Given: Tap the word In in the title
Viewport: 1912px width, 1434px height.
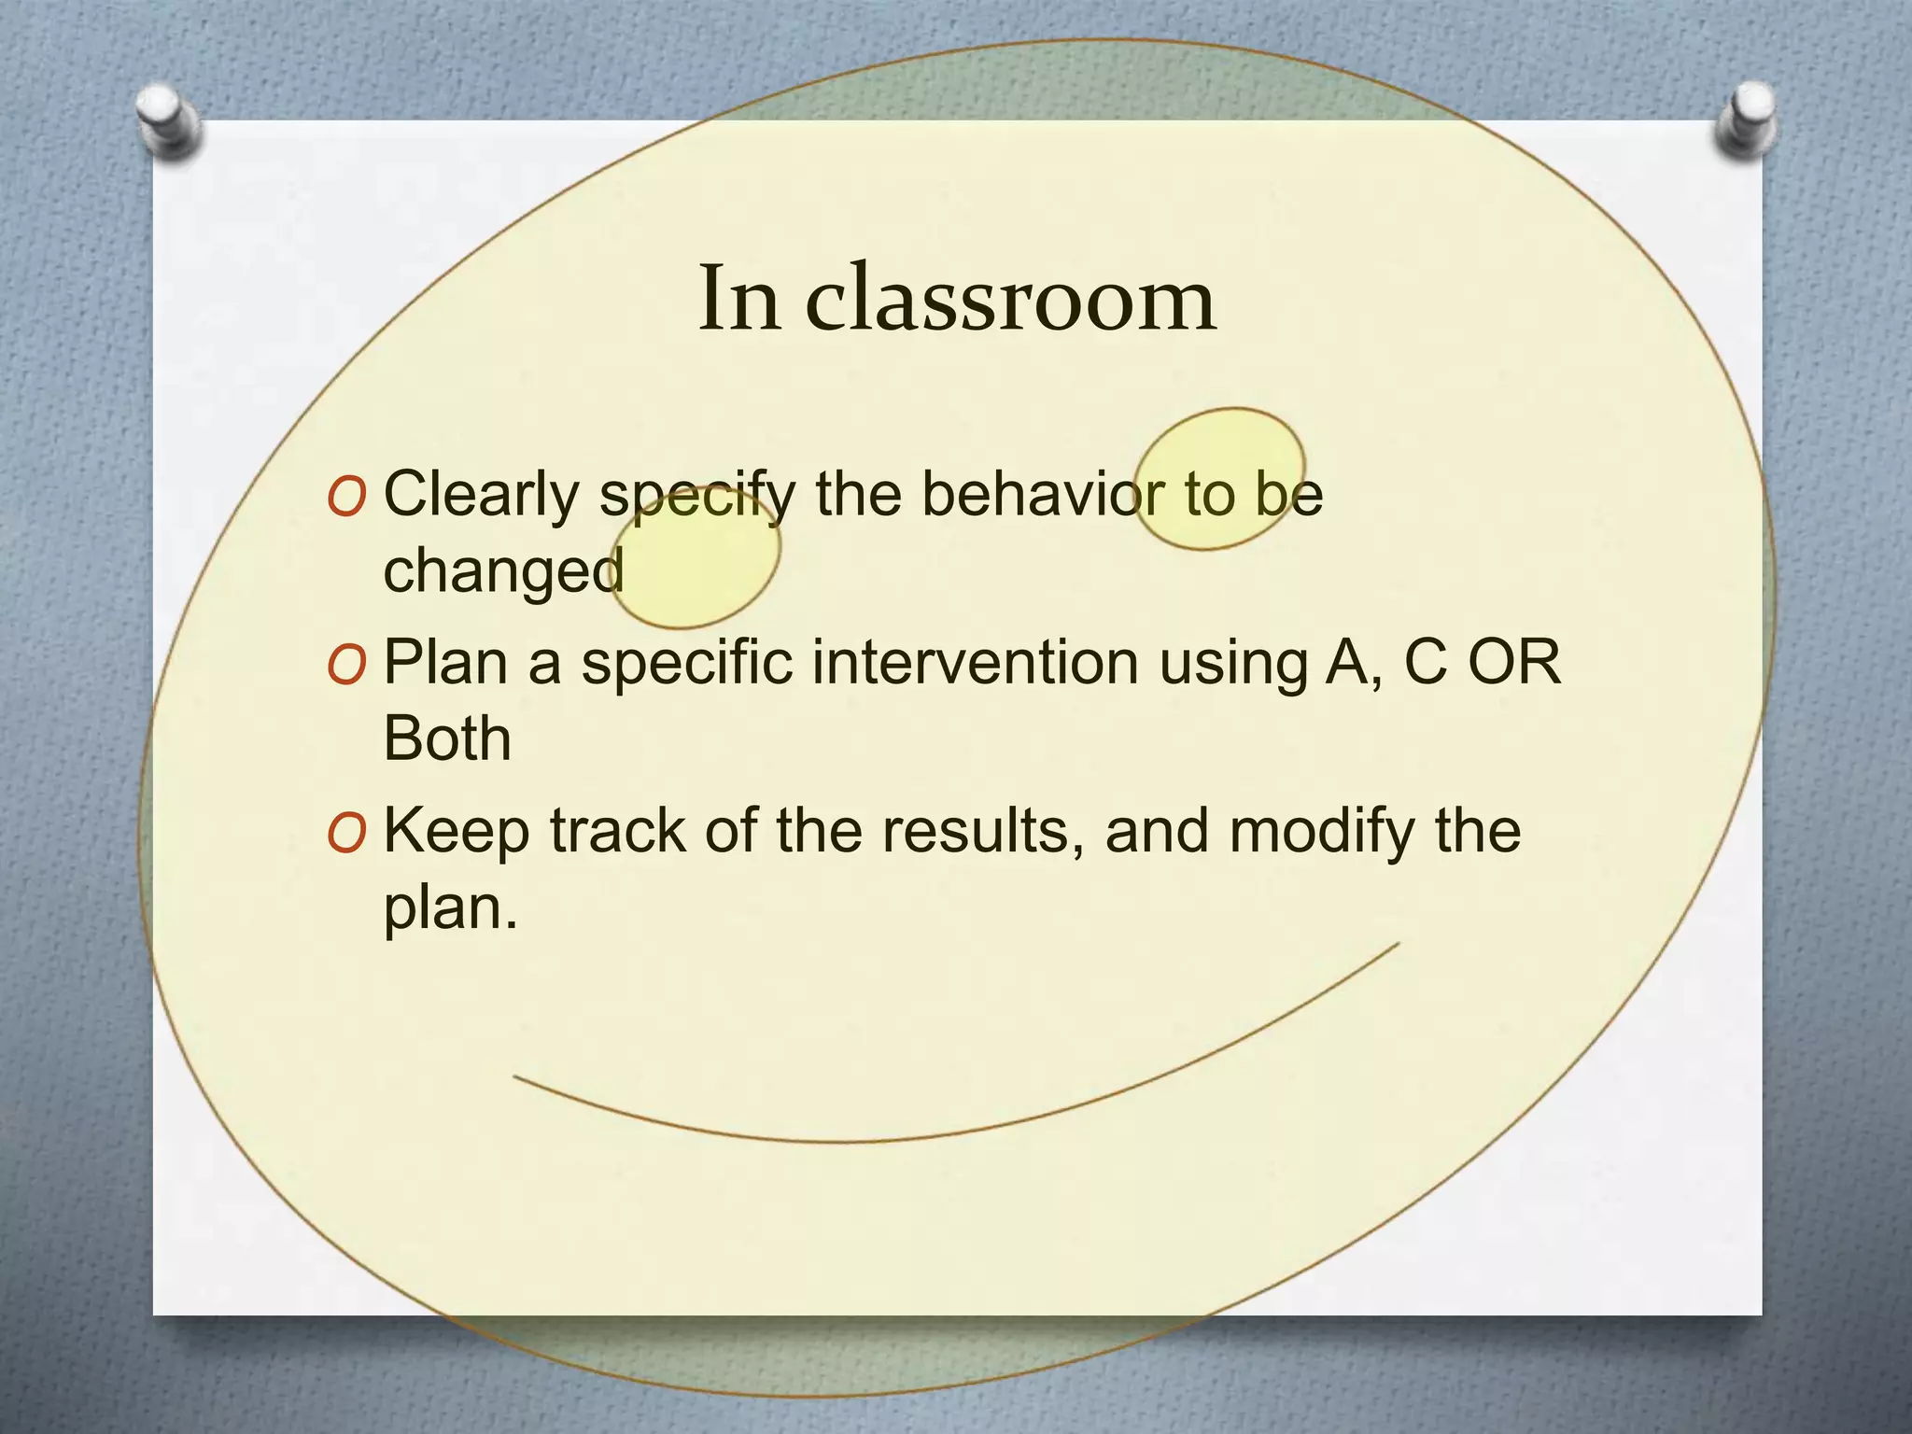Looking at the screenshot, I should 739,299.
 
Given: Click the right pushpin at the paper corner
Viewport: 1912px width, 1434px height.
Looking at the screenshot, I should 1746,119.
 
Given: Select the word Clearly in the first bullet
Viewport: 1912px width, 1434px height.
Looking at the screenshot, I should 482,495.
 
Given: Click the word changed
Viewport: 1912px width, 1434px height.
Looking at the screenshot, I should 503,569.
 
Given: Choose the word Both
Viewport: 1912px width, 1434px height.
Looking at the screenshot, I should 447,738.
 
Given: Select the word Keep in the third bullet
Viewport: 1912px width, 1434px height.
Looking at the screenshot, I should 457,831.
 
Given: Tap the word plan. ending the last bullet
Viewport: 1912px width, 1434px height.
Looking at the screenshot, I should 450,907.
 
